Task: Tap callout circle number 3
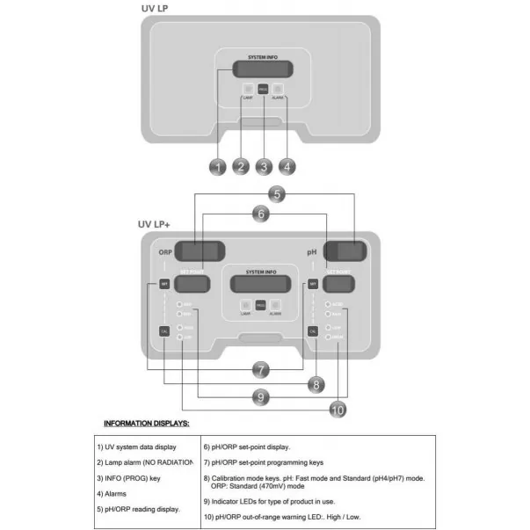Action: click(264, 165)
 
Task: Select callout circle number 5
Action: click(277, 192)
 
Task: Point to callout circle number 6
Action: click(259, 213)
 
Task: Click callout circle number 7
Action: click(261, 369)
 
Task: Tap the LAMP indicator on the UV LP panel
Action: click(248, 88)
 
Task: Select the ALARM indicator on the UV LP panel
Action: click(278, 88)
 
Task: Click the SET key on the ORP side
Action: click(163, 284)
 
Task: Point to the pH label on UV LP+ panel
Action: click(311, 252)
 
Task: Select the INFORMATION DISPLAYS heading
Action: click(153, 424)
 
